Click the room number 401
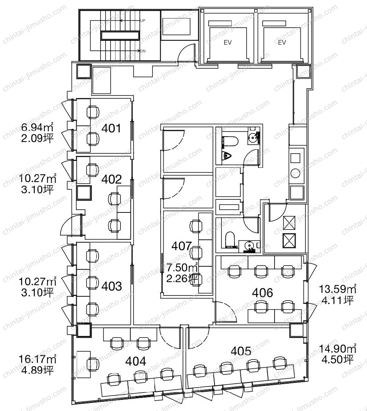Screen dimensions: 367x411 (111, 128)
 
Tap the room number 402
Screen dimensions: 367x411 (112, 179)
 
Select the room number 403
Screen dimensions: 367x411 (112, 286)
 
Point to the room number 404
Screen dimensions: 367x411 (136, 361)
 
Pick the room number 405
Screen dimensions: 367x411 (241, 351)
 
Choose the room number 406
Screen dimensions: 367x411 (262, 292)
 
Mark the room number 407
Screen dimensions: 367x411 (181, 246)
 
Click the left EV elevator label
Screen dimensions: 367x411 (228, 42)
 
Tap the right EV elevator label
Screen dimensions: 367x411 (282, 42)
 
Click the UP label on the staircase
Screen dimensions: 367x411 (142, 20)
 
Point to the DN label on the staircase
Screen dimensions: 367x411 (143, 51)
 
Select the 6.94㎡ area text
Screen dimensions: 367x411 (37, 127)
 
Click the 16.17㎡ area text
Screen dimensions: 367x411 (37, 359)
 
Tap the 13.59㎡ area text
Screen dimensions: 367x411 (337, 289)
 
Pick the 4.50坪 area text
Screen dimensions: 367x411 (337, 359)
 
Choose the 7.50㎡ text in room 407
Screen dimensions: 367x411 (182, 267)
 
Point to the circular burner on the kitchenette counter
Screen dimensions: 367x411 (295, 173)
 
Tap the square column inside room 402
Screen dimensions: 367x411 (84, 193)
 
